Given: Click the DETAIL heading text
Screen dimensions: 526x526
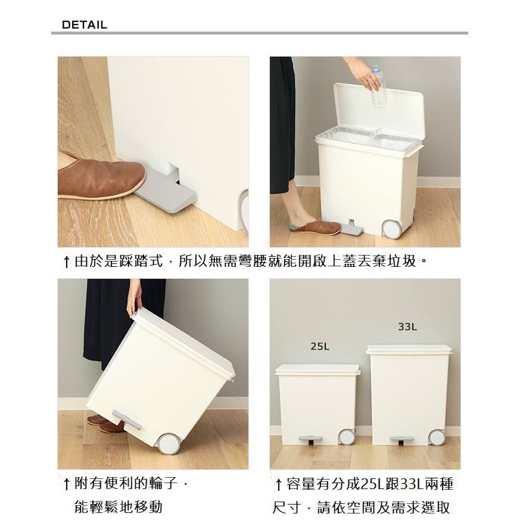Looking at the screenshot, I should (84, 25).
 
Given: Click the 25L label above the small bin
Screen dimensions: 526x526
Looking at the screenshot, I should (320, 346).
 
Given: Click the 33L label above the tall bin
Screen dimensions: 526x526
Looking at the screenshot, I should (407, 327).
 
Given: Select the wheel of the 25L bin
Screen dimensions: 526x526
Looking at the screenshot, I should (347, 437).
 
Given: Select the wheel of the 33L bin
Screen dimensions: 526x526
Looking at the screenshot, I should (437, 437).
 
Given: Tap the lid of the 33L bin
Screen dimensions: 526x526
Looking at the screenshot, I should (409, 349).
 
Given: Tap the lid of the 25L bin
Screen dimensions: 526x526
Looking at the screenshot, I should (318, 369).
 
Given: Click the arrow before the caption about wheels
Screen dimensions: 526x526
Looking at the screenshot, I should (67, 484).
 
